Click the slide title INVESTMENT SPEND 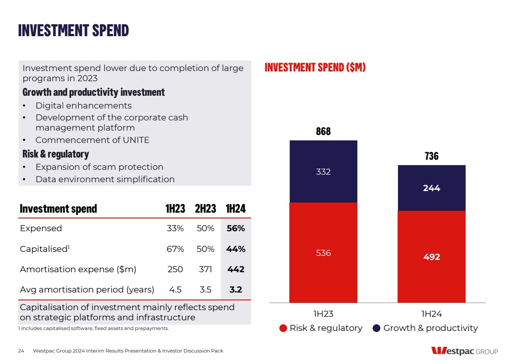point(73,30)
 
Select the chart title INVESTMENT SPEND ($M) point(315,68)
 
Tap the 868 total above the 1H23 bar point(323,131)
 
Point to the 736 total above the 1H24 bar point(432,156)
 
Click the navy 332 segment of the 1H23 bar point(323,172)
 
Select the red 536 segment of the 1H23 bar point(323,253)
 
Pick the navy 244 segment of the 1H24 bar point(432,188)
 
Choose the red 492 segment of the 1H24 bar point(432,257)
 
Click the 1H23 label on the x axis point(323,314)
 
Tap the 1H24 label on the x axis point(432,314)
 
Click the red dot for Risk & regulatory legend point(283,328)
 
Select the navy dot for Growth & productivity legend point(377,328)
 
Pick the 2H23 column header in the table point(205,209)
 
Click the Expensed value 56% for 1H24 point(235,229)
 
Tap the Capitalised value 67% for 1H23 point(175,249)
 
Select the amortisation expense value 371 point(205,270)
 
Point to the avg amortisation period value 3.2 point(235,290)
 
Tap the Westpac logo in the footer point(464,351)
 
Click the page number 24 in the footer point(21,351)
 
